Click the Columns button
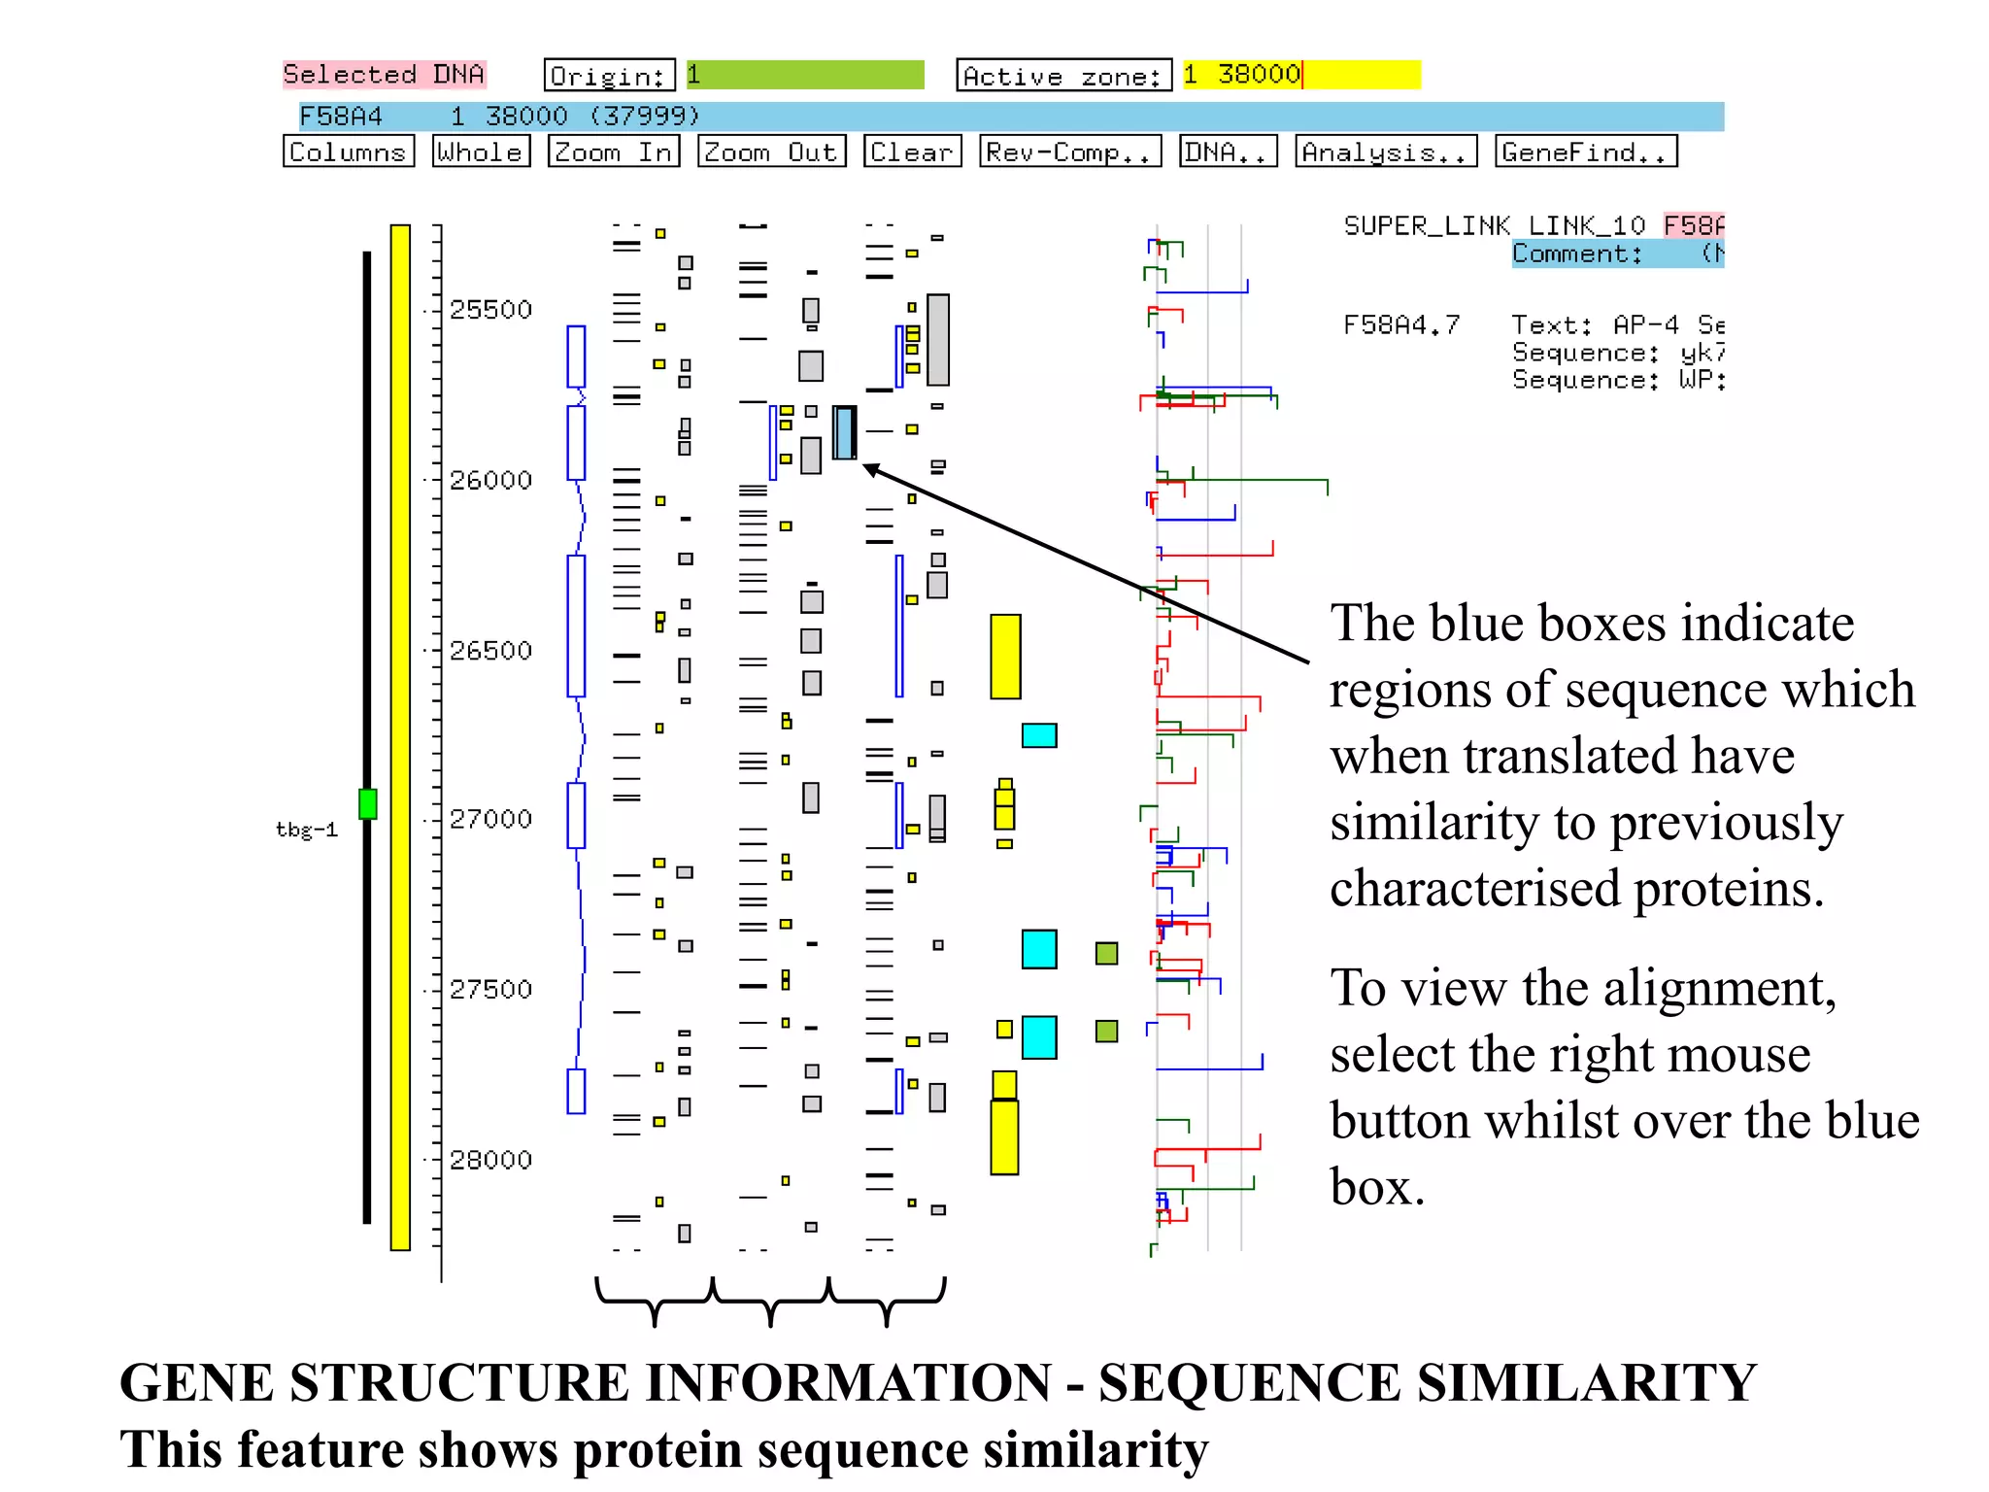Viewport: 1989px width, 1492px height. [x=348, y=152]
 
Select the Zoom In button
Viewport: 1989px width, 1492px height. [x=613, y=152]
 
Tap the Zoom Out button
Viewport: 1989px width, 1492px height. [x=771, y=152]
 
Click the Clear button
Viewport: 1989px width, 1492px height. [x=911, y=152]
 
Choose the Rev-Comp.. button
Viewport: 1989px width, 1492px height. [x=1069, y=152]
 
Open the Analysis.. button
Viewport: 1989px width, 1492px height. [x=1385, y=152]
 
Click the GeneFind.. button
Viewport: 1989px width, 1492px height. [x=1585, y=152]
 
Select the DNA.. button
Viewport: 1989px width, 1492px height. [x=1228, y=152]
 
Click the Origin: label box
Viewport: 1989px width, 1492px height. [x=609, y=75]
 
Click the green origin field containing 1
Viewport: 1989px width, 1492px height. [x=805, y=75]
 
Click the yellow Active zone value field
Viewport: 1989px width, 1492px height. [x=1301, y=75]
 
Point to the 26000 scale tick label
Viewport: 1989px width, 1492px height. [x=490, y=480]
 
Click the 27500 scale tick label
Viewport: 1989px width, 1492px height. [x=490, y=989]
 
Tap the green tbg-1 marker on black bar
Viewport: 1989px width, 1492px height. [x=367, y=803]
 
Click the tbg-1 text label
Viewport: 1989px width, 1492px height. [x=306, y=830]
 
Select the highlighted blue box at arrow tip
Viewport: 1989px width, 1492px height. [x=844, y=432]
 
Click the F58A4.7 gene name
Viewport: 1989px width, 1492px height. [x=1400, y=324]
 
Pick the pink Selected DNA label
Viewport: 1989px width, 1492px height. [x=384, y=75]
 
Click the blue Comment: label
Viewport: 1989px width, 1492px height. [x=1576, y=254]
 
